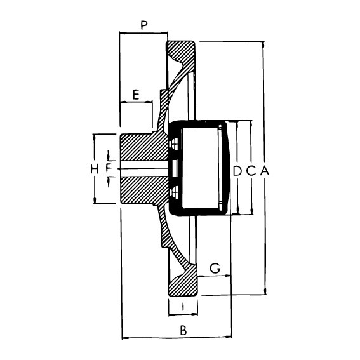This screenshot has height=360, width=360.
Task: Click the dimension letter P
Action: click(144, 25)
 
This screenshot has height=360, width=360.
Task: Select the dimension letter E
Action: click(136, 95)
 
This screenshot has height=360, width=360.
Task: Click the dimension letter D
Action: click(237, 171)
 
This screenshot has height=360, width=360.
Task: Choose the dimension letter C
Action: click(251, 171)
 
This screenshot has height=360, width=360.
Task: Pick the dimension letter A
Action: click(265, 171)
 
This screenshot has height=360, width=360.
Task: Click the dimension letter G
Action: click(215, 268)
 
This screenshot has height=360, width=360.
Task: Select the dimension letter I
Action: click(183, 307)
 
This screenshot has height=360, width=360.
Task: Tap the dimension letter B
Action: click(183, 331)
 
